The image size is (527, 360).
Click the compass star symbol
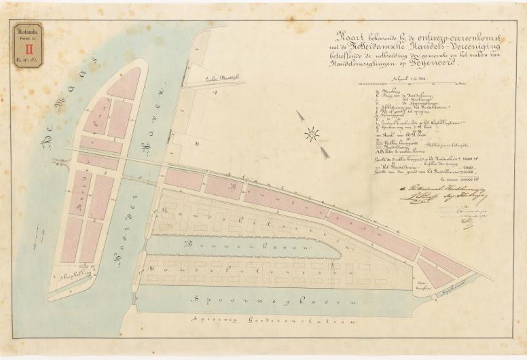coord(312,134)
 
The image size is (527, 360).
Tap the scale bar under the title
coord(408,82)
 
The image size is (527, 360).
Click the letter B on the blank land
coord(195,144)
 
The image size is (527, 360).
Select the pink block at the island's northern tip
coord(124,83)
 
